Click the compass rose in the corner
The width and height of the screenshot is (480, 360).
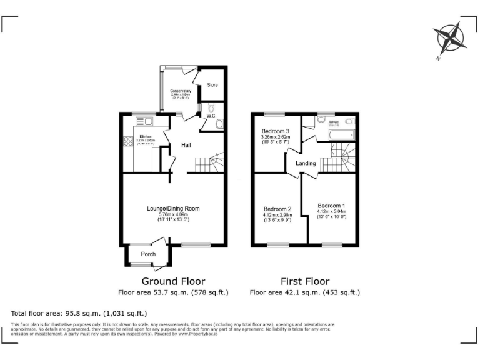tap(451, 38)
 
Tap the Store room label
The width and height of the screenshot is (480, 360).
tap(212, 85)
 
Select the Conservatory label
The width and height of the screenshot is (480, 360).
tap(181, 91)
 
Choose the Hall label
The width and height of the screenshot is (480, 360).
tap(186, 145)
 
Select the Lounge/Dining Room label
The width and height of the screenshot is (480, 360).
tap(173, 209)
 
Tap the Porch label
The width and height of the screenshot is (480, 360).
tap(148, 254)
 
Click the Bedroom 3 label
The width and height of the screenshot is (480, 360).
tap(275, 131)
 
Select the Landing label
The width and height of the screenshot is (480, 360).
tap(306, 164)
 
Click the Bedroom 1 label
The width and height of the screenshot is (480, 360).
tap(331, 206)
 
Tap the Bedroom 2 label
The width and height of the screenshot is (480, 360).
tap(277, 209)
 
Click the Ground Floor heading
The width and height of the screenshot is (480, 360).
tap(173, 281)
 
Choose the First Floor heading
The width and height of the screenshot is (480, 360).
tap(304, 281)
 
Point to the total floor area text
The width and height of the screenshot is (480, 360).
tap(79, 312)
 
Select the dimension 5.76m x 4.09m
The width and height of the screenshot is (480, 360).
tap(173, 214)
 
